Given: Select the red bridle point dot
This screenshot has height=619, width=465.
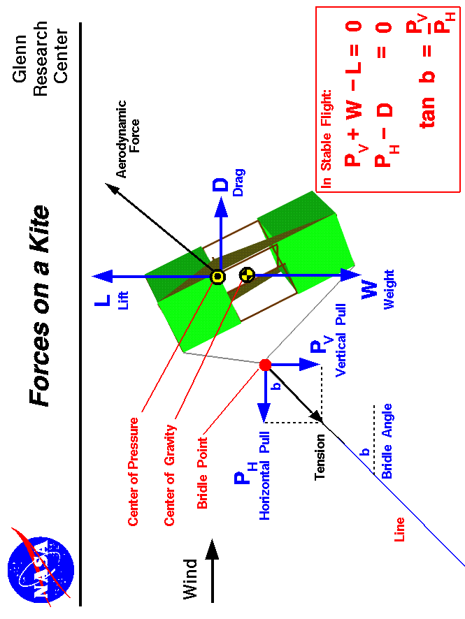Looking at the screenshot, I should coord(265,365).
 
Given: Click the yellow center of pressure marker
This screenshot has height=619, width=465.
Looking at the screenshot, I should coord(217,277).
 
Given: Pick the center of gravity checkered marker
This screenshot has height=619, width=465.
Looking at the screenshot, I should coord(246,275).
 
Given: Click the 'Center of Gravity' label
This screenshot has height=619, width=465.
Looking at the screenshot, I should coord(169,474).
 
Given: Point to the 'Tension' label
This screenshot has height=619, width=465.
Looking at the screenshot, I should coord(320,458).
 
